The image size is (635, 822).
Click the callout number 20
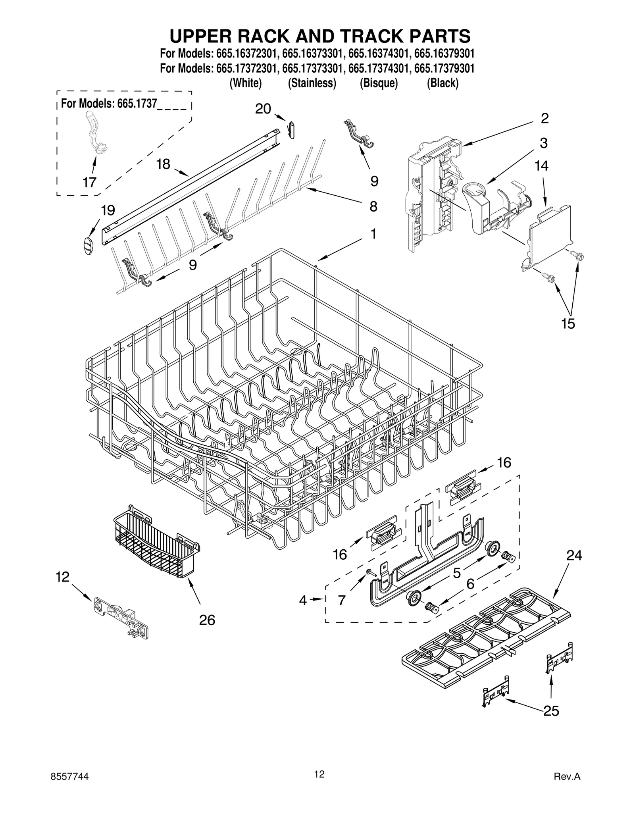[263, 109]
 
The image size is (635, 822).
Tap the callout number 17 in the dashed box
[90, 182]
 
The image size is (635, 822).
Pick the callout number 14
[541, 166]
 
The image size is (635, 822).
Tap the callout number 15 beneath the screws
[568, 323]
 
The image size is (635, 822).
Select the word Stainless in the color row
[312, 83]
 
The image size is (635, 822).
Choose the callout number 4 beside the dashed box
[303, 601]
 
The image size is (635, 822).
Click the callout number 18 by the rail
[163, 164]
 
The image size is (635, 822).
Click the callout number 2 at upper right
[545, 118]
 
